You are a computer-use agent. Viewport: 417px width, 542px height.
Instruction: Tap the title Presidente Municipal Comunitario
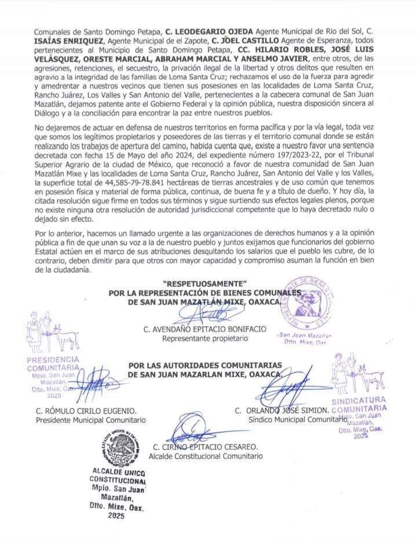coord(90,421)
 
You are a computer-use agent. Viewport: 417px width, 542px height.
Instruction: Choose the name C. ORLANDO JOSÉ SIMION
coord(282,410)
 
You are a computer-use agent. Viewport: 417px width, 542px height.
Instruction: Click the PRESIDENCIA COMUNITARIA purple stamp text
coord(53,364)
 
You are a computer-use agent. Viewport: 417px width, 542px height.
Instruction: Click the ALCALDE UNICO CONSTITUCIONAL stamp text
coord(117,476)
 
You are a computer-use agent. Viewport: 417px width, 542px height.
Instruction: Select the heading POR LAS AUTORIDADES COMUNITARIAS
coord(205,365)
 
